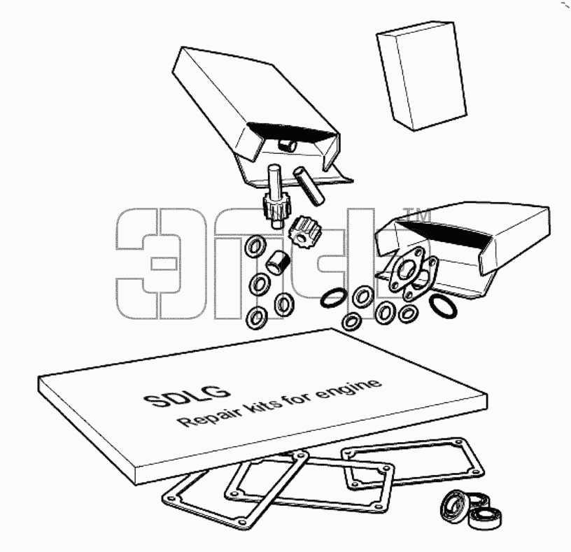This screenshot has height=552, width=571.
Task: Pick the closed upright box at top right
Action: pos(422,76)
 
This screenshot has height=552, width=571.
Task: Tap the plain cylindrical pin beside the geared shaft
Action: pos(309,185)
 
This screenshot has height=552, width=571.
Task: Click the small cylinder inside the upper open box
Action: pos(288,145)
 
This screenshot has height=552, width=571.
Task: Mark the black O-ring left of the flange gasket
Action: pos(332,297)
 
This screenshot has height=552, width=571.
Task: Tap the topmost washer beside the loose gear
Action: pos(255,247)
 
